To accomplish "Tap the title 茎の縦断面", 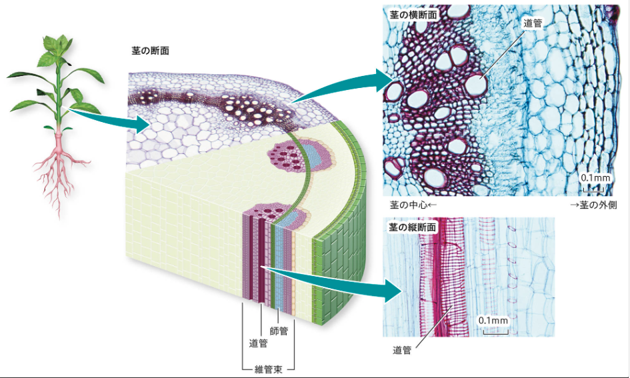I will click(x=413, y=227).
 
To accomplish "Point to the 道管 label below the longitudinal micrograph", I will click(x=402, y=350).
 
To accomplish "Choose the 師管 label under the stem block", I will click(x=279, y=330).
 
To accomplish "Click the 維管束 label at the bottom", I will click(x=267, y=369).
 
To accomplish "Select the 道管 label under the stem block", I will click(x=258, y=343).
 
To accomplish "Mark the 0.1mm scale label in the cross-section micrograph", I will click(x=594, y=178).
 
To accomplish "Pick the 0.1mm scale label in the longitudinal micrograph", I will click(x=493, y=320).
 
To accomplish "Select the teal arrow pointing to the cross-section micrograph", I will click(x=347, y=84).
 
